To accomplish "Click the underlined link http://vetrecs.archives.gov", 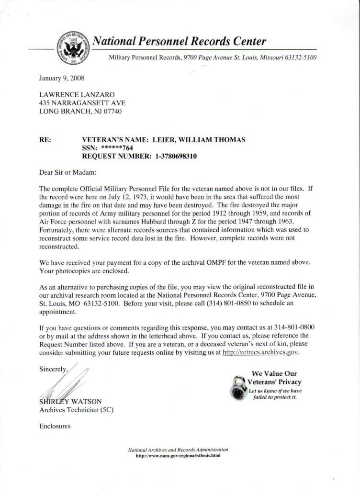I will pos(261,352).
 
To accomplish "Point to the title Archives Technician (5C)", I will pos(76,410).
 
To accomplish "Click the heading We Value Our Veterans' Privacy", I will pos(274,378).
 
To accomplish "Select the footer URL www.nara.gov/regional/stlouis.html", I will pos(178,456).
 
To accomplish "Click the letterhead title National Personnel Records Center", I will pos(179,41).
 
